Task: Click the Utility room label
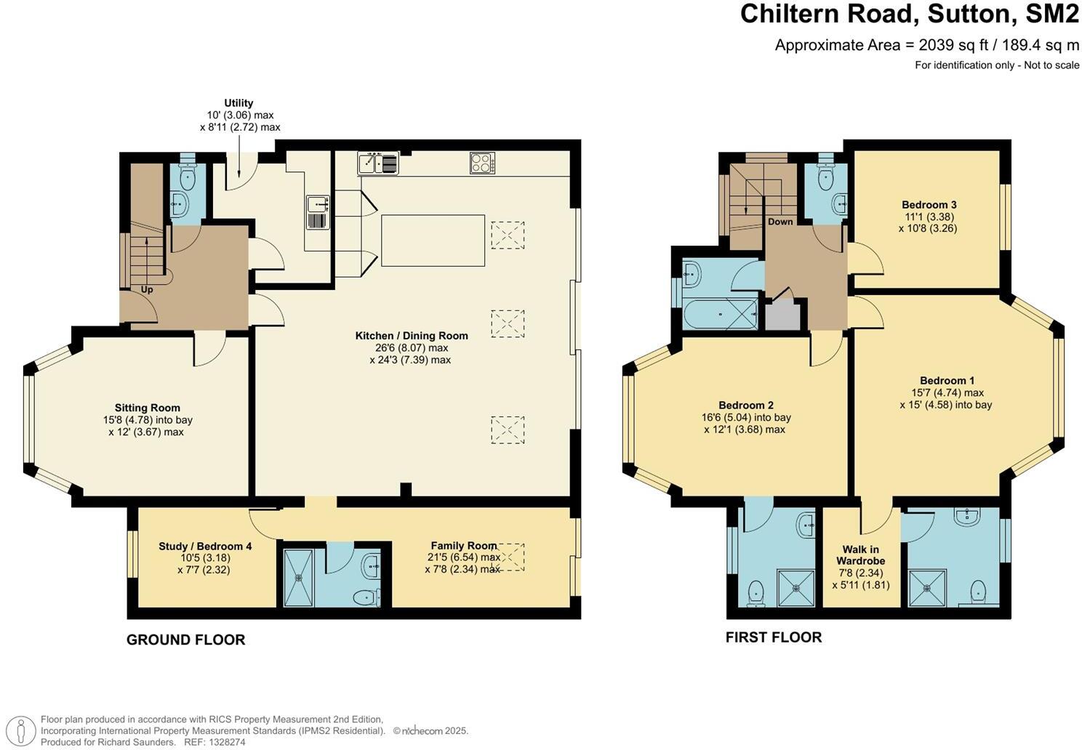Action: click(239, 102)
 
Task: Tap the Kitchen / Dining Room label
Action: click(412, 336)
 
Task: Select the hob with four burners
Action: click(482, 163)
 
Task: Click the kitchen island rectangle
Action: click(433, 241)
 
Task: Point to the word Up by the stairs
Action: click(147, 289)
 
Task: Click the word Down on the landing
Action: click(780, 222)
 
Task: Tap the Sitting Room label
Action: click(148, 408)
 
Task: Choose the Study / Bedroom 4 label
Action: click(205, 547)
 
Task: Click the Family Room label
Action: click(464, 546)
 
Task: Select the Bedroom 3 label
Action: click(929, 205)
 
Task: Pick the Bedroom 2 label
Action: click(746, 406)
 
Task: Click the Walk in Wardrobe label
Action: click(861, 555)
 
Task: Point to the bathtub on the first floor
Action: click(720, 314)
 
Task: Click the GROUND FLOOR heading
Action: click(186, 640)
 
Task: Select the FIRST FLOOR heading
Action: click(774, 637)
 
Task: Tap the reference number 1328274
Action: click(228, 742)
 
